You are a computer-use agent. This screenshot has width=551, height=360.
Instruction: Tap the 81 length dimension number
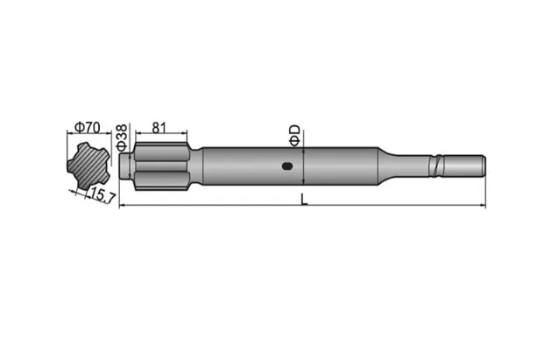click(159, 126)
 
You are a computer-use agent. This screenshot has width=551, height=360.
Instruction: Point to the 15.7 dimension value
click(103, 196)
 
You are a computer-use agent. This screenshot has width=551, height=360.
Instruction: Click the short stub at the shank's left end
click(126, 164)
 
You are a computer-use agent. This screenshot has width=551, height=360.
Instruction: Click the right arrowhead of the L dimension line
click(482, 207)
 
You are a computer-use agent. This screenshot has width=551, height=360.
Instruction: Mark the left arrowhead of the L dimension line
click(122, 207)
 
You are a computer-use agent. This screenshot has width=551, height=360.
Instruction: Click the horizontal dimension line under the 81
click(161, 134)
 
